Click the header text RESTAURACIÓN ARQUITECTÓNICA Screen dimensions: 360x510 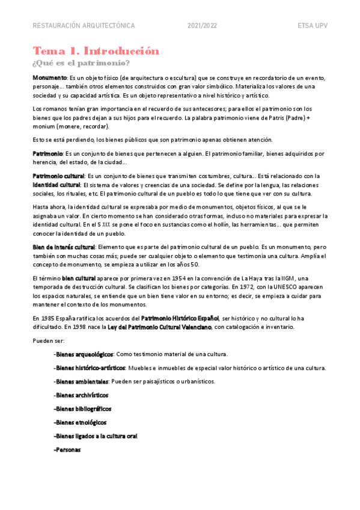84,26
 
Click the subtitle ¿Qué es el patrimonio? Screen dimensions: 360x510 81,63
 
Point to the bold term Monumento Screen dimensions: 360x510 50,78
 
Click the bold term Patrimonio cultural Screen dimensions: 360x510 59,176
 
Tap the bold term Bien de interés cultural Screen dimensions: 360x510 64,247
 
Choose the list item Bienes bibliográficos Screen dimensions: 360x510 82,408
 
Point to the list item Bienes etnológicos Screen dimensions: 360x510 80,422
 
